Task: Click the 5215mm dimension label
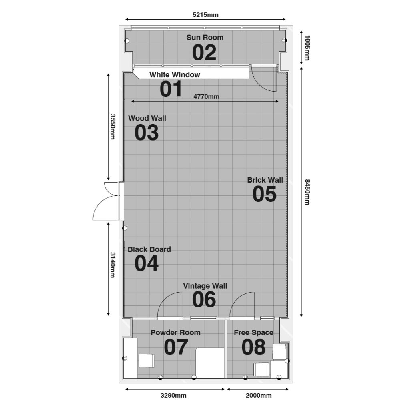pos(205,15)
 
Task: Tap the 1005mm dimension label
pos(307,48)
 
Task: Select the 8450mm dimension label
pos(307,192)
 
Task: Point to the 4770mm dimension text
pos(206,97)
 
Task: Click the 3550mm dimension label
pos(113,127)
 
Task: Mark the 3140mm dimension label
pos(113,265)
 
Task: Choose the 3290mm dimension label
pos(173,395)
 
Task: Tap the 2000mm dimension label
pos(259,395)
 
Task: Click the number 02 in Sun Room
pos(204,52)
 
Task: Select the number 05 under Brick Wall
pos(264,194)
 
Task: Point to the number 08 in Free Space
pos(253,347)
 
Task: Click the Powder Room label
pos(175,332)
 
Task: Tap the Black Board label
pos(149,249)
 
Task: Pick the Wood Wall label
pos(147,118)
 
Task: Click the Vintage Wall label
pos(205,286)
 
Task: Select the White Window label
pos(175,75)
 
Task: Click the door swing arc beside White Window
pos(259,84)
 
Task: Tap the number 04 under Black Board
pos(147,263)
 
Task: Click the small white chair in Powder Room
pos(146,361)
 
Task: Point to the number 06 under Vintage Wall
pos(204,299)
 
